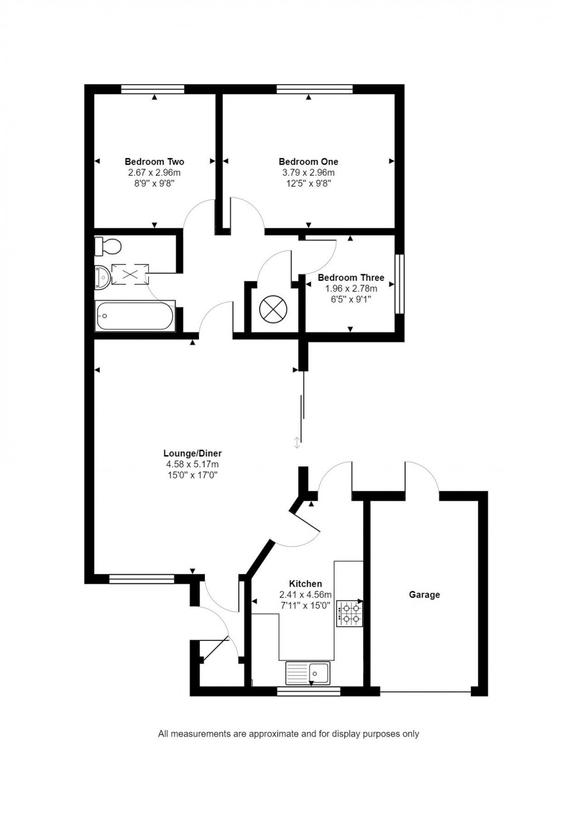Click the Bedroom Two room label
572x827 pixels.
tap(154, 162)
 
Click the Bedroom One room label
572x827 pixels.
tap(308, 162)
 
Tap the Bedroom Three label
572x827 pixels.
tap(351, 278)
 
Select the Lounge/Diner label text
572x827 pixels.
tap(192, 453)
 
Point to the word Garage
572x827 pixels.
tap(424, 595)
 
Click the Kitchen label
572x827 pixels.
tap(305, 584)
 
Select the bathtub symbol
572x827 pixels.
tap(134, 317)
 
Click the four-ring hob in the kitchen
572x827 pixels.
tap(350, 614)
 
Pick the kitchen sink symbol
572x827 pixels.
tap(308, 673)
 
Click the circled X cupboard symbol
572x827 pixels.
tap(273, 309)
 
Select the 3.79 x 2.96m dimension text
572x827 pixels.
tap(308, 173)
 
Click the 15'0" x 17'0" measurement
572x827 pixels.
tap(192, 475)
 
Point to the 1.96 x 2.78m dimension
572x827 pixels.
tap(351, 288)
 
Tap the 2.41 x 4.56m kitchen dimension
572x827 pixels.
tap(305, 595)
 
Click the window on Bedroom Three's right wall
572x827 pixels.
tap(399, 284)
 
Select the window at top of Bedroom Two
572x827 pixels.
tap(153, 89)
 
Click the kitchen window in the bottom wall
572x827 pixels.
tap(308, 692)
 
